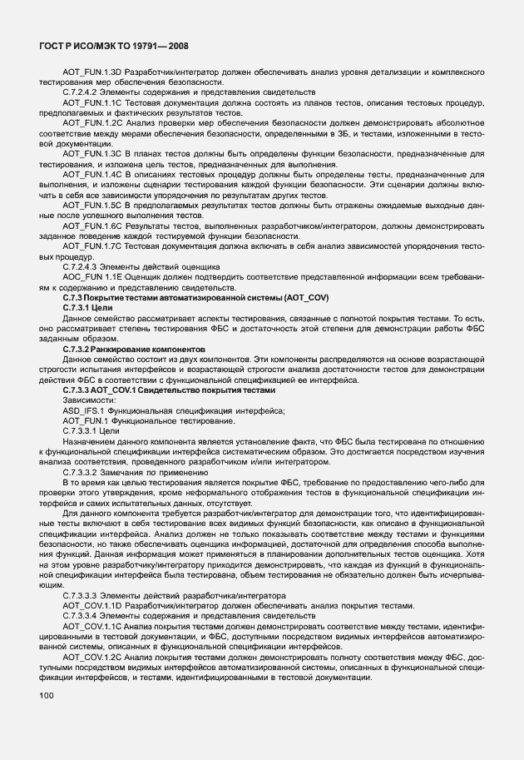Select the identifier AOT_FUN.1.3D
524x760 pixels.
point(92,74)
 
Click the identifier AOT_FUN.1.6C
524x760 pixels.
point(92,227)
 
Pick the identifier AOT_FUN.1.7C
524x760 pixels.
point(92,246)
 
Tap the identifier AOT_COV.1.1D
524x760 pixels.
point(92,605)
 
